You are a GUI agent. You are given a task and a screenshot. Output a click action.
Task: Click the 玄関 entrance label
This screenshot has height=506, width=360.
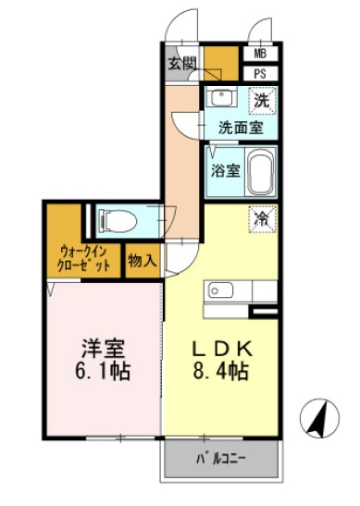pos(182,64)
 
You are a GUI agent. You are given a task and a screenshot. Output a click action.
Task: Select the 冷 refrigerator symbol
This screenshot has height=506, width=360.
pos(262,218)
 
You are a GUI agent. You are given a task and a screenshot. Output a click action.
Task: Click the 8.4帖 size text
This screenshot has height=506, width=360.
pos(221,372)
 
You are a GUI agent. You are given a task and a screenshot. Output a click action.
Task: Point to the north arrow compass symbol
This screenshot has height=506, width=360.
pos(320,418)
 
